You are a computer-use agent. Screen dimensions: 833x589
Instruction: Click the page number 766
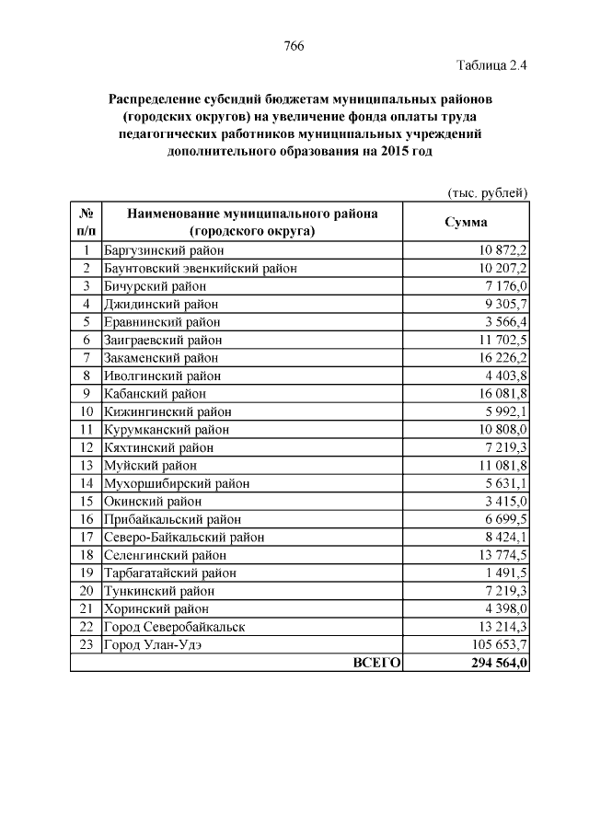pyautogui.click(x=294, y=46)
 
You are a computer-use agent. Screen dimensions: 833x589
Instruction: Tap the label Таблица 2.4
pyautogui.click(x=491, y=65)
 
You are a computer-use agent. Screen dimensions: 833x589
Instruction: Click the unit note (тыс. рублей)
pyautogui.click(x=487, y=192)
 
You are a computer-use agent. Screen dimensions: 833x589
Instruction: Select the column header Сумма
pyautogui.click(x=467, y=222)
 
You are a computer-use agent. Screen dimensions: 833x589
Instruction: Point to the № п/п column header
pyautogui.click(x=86, y=222)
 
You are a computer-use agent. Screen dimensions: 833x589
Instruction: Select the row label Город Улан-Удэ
pyautogui.click(x=153, y=645)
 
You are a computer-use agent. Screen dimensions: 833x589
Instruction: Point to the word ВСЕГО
pyautogui.click(x=376, y=663)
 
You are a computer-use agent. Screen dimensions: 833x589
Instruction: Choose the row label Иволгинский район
pyautogui.click(x=161, y=376)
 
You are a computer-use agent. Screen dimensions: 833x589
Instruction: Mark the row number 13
pyautogui.click(x=86, y=466)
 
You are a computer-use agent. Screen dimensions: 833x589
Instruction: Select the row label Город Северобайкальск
pyautogui.click(x=174, y=627)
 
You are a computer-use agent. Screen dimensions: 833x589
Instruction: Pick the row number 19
pyautogui.click(x=86, y=573)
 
